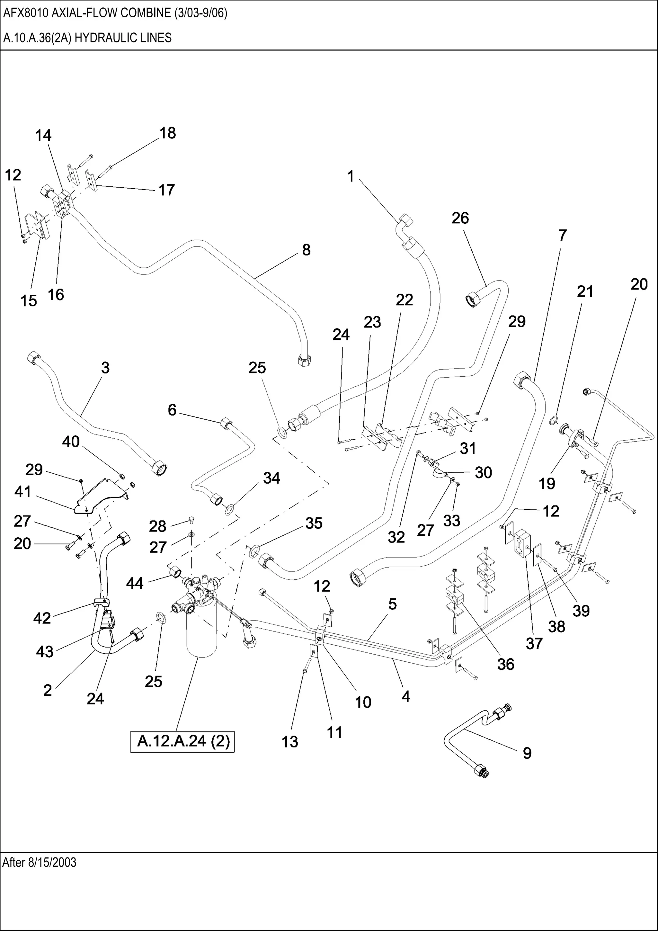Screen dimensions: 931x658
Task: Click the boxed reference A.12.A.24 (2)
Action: [x=183, y=741]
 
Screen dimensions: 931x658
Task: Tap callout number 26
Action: [x=460, y=218]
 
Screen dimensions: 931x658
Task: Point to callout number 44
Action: [x=135, y=584]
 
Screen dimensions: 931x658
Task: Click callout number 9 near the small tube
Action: [x=527, y=753]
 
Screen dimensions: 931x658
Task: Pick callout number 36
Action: [x=506, y=664]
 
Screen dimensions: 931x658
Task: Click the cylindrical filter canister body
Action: [x=202, y=632]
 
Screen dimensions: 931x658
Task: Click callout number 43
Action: [x=45, y=652]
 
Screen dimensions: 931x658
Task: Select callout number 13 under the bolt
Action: [x=290, y=742]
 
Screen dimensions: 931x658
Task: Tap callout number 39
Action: [x=581, y=611]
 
